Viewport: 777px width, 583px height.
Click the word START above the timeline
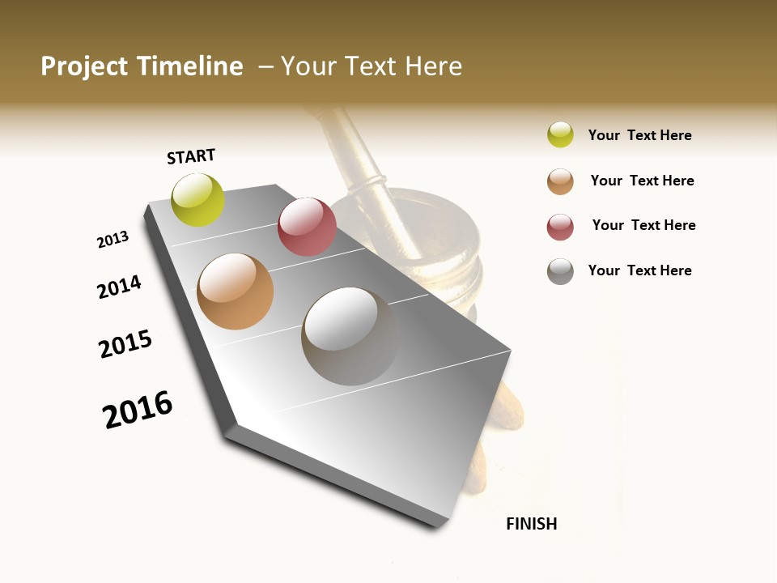[x=191, y=156]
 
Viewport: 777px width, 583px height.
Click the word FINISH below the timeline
[x=531, y=524]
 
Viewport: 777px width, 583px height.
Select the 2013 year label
[x=113, y=240]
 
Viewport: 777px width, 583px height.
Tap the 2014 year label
[x=120, y=287]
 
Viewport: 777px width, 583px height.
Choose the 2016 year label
[x=138, y=410]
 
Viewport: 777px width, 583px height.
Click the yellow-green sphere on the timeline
[x=198, y=200]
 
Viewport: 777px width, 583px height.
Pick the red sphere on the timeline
[x=307, y=227]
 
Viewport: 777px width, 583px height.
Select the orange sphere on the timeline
[x=236, y=291]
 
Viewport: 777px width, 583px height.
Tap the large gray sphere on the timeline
[x=351, y=336]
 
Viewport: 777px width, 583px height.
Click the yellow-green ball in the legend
[x=560, y=135]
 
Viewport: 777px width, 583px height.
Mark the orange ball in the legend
[x=560, y=181]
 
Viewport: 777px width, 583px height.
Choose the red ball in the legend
[x=560, y=227]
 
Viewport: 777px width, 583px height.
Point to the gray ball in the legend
[x=560, y=271]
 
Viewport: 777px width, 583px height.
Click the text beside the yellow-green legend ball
[x=639, y=135]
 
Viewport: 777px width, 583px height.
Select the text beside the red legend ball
[x=643, y=225]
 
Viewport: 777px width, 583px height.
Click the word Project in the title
[x=84, y=66]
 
